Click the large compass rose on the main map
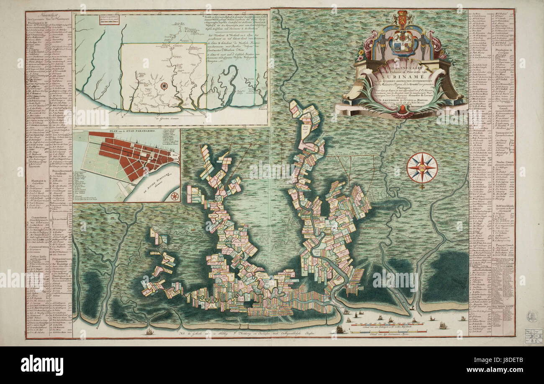pyautogui.click(x=422, y=168)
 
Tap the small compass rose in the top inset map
pyautogui.click(x=164, y=86)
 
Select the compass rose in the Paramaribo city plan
pyautogui.click(x=175, y=196)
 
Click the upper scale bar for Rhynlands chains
pyautogui.click(x=387, y=324)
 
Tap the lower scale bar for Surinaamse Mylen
pyautogui.click(x=387, y=331)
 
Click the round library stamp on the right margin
pyautogui.click(x=532, y=316)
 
